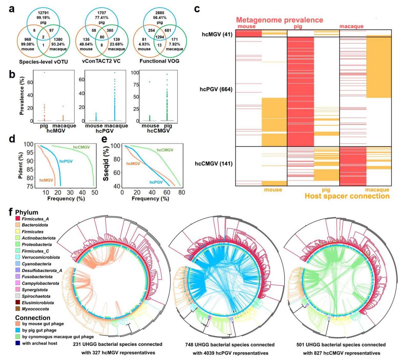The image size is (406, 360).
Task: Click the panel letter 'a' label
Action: (x=12, y=9)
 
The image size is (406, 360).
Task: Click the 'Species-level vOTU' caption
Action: (x=44, y=61)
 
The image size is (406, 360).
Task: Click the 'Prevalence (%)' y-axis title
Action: (x=22, y=97)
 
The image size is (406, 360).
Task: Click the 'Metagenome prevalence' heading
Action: (x=280, y=20)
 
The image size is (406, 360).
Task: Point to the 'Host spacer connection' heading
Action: (x=347, y=196)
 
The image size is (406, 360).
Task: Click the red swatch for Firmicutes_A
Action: (x=18, y=219)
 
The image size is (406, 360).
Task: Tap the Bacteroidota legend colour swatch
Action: (x=18, y=225)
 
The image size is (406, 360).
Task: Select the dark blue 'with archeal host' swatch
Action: (x=18, y=343)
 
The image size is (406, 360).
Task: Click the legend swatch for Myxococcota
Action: (x=18, y=309)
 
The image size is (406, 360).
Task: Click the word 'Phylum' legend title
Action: (x=27, y=212)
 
